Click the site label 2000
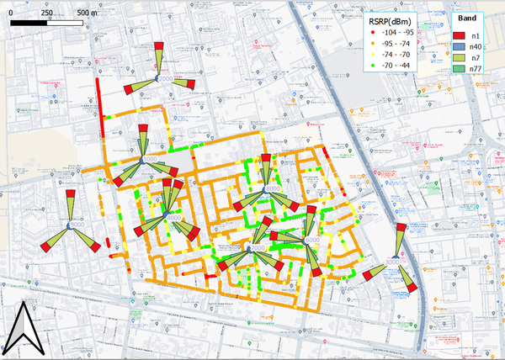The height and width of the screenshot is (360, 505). (x=166, y=78)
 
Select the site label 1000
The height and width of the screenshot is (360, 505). (x=151, y=159)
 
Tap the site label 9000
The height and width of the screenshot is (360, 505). (x=77, y=225)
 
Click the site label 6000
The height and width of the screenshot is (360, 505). (x=312, y=240)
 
